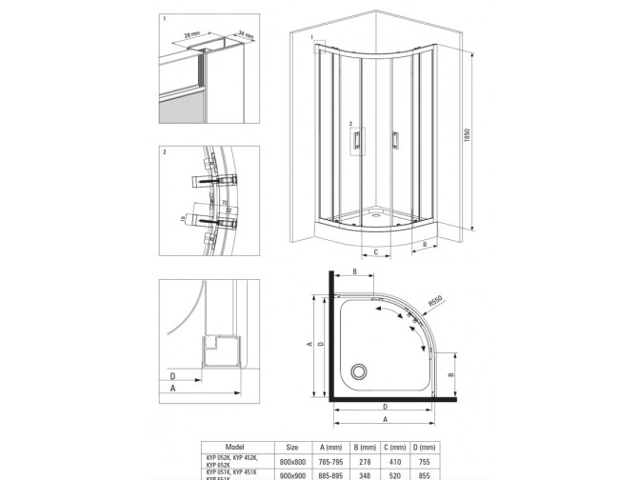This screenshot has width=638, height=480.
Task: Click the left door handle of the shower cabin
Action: point(355,140)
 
